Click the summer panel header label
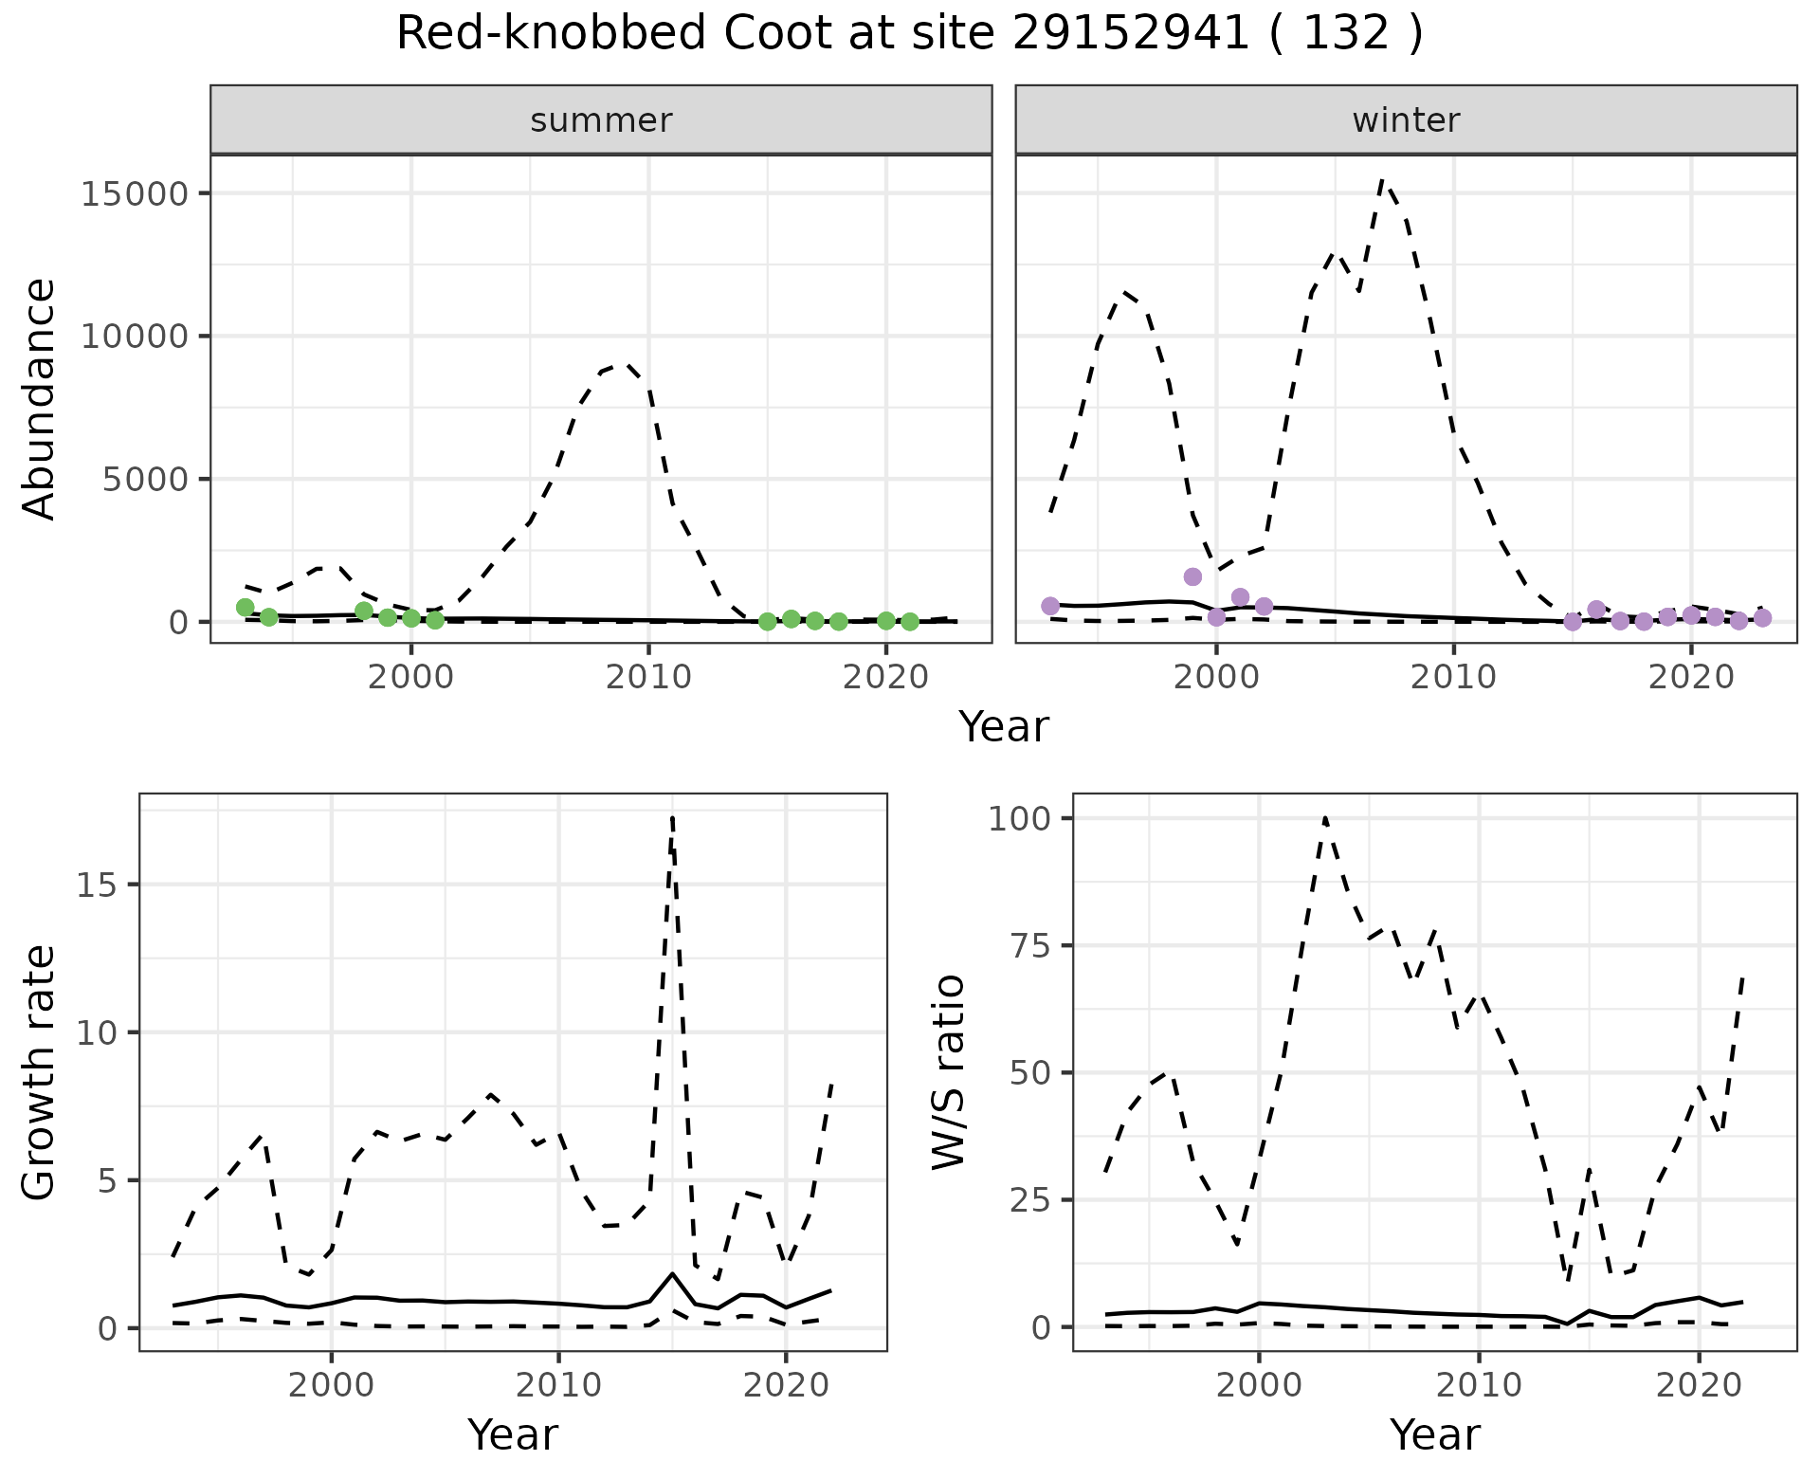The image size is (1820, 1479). click(x=601, y=120)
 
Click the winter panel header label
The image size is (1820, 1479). click(x=1406, y=120)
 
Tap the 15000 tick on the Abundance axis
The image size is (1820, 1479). click(x=136, y=194)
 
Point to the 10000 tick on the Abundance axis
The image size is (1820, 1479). click(x=136, y=337)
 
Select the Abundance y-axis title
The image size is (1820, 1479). click(x=40, y=398)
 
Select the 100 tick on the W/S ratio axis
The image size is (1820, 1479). click(x=1018, y=819)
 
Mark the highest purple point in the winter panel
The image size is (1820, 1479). click(x=1192, y=576)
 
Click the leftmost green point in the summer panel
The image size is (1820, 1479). click(x=245, y=607)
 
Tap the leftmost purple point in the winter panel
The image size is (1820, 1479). click(x=1049, y=606)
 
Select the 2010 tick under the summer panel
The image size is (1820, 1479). click(x=648, y=677)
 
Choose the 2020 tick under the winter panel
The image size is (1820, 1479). click(x=1691, y=677)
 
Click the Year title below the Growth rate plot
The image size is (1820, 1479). click(x=513, y=1434)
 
